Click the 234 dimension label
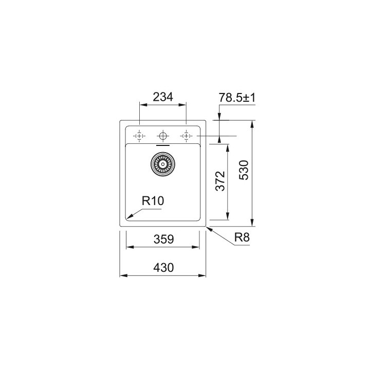click(163, 97)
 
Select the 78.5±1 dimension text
click(237, 98)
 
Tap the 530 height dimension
click(244, 170)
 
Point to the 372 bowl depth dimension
click(220, 181)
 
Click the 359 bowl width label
click(164, 239)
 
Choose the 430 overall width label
click(163, 268)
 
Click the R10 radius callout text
click(153, 201)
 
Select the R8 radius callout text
click(242, 237)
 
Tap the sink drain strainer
click(163, 164)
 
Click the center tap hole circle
click(163, 136)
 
